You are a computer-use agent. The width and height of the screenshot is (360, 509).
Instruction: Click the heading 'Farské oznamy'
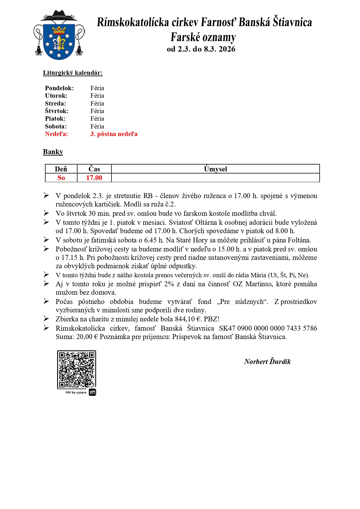tap(203, 37)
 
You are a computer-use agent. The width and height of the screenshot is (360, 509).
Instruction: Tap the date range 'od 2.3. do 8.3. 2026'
tap(201, 49)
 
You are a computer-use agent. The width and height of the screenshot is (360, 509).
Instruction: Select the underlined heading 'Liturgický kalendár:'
tap(73, 73)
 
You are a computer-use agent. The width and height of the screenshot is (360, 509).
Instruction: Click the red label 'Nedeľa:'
tap(56, 134)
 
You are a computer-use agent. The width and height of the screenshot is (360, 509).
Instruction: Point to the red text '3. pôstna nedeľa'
tap(114, 134)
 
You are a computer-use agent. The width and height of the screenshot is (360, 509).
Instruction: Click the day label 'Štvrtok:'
tap(57, 111)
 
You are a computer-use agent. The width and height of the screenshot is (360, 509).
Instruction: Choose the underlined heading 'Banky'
tap(53, 152)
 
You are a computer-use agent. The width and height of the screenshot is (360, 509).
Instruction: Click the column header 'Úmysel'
tap(215, 169)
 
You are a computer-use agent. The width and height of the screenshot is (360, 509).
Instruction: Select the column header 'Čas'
tap(94, 169)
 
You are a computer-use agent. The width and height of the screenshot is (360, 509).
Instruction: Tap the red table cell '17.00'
tap(94, 178)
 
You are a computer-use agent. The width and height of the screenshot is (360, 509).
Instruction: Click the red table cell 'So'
tap(61, 178)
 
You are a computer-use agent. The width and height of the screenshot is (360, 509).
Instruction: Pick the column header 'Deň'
tap(61, 169)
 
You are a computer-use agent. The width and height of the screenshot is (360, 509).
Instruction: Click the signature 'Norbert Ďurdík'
tap(267, 362)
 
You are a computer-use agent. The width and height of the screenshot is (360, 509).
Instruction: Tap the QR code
tap(76, 369)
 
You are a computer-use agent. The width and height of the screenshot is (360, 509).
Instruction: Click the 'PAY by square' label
tap(76, 392)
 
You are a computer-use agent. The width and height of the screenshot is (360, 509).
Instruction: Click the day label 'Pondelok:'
tap(59, 88)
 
